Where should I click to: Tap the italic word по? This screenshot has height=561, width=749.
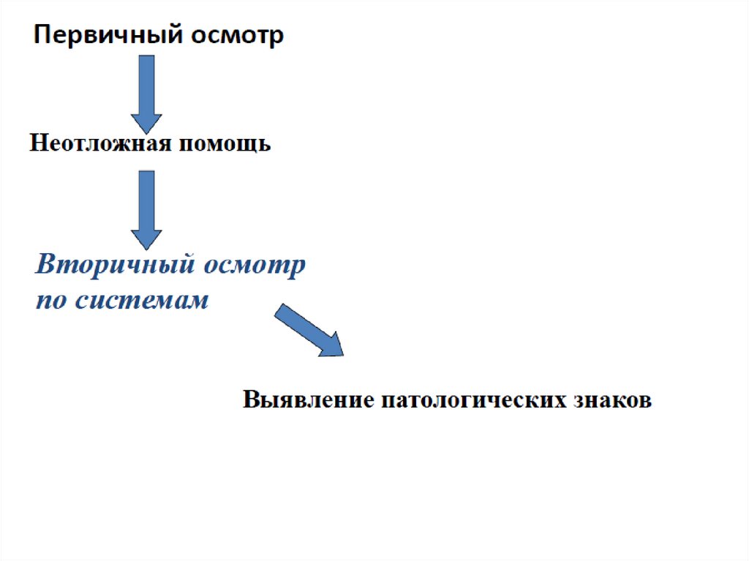(50, 301)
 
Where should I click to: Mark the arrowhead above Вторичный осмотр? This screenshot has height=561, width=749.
(146, 238)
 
